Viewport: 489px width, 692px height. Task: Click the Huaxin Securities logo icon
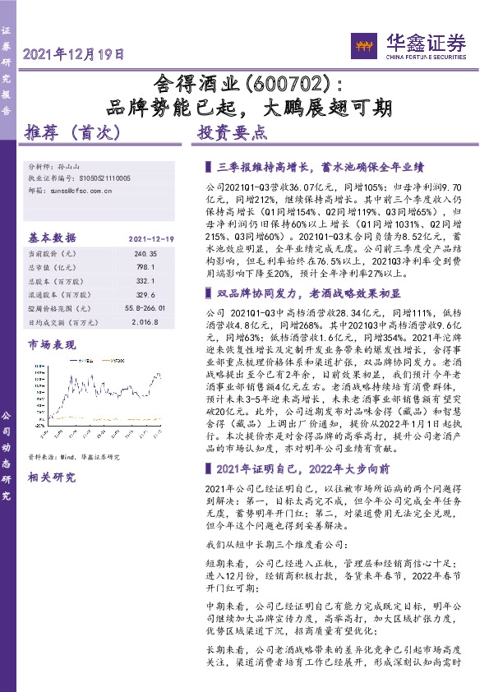click(362, 46)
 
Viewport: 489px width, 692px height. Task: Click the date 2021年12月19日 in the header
click(74, 55)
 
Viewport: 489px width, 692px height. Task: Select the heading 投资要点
click(233, 132)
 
